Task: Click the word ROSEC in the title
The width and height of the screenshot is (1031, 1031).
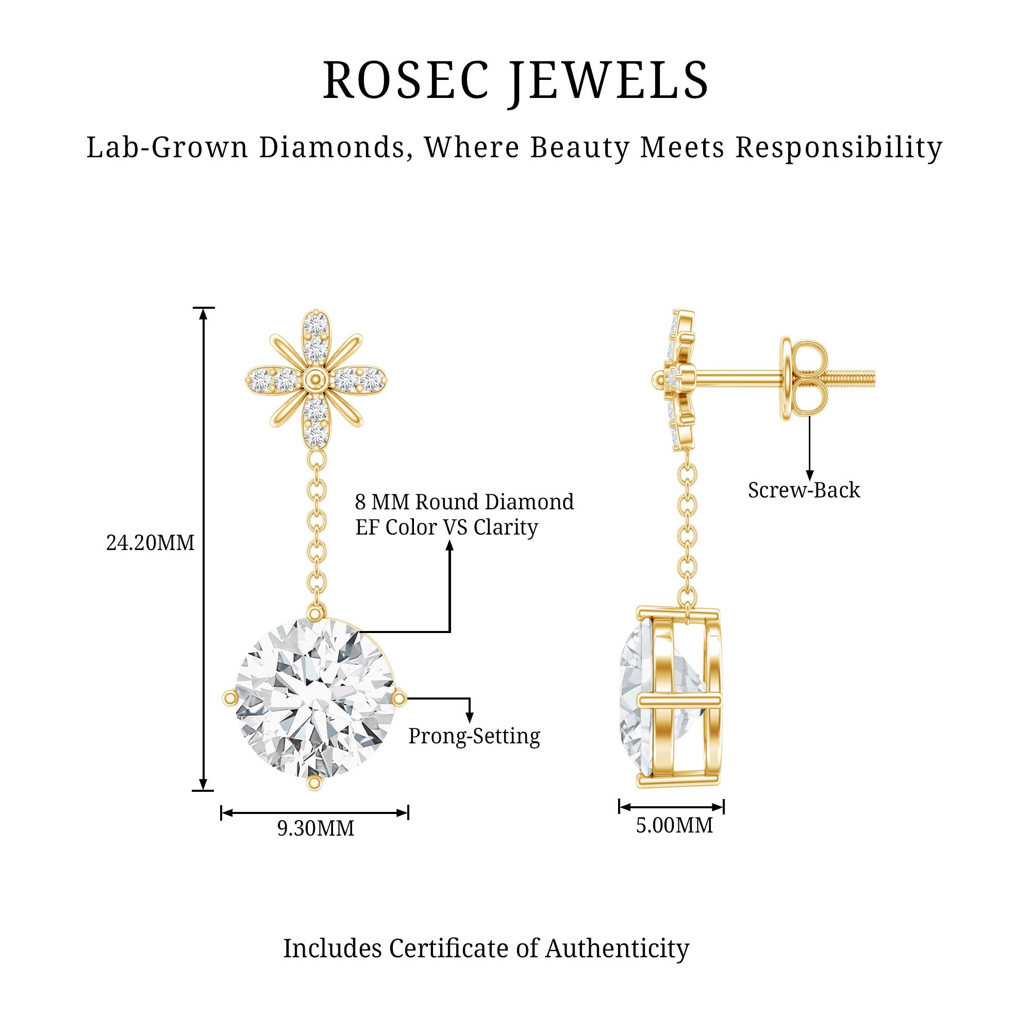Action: [406, 80]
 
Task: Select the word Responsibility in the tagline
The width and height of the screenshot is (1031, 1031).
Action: [839, 148]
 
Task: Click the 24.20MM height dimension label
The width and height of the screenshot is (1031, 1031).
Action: [151, 543]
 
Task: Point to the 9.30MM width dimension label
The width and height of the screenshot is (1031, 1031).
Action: [316, 828]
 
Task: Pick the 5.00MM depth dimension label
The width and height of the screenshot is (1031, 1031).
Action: [674, 825]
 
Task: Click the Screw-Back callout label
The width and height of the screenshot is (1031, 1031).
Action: [804, 490]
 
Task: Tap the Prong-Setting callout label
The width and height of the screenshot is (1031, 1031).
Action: [474, 737]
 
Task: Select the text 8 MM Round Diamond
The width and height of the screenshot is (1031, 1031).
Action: [464, 502]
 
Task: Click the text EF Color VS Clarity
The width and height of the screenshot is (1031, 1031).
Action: [446, 527]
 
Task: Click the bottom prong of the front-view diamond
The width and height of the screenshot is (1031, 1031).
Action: [315, 783]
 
